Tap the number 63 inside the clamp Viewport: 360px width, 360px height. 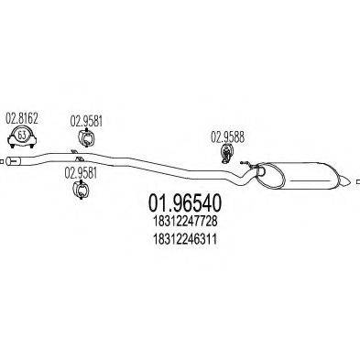[x=23, y=138]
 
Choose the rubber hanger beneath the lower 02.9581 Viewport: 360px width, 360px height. [x=80, y=190]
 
